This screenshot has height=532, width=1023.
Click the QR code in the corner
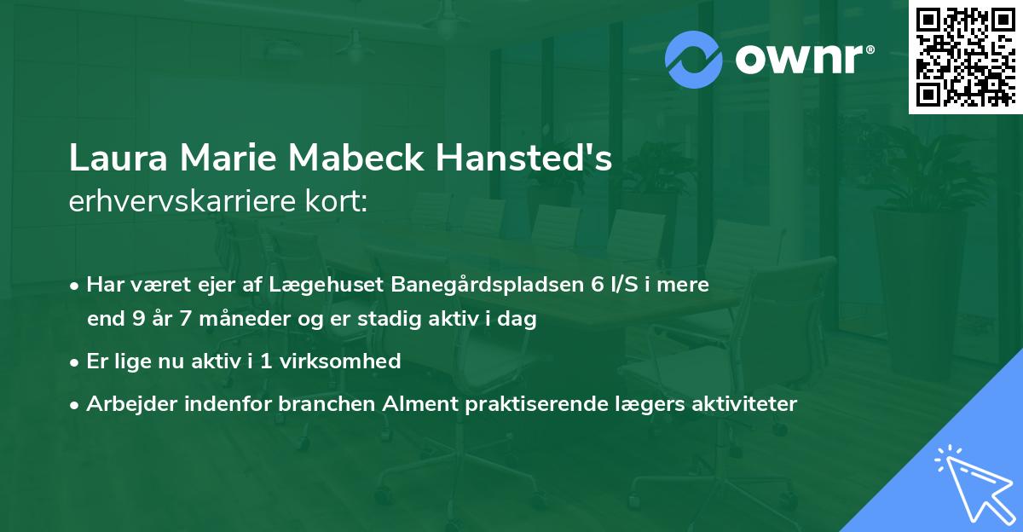coord(964,56)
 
